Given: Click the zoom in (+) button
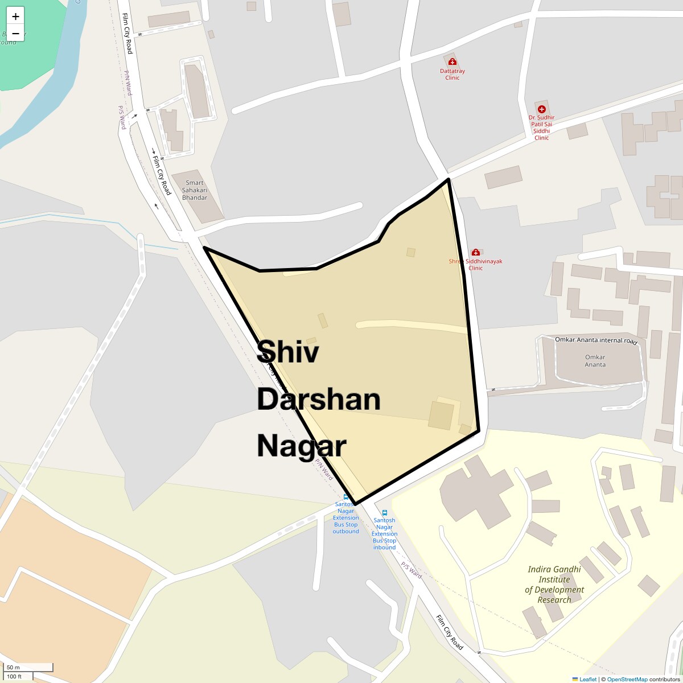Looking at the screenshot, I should click(x=15, y=16).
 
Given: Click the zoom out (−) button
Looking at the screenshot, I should click(x=15, y=33).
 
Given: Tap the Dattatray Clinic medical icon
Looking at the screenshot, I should click(x=452, y=61).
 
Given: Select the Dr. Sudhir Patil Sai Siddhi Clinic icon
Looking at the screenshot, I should click(x=541, y=109).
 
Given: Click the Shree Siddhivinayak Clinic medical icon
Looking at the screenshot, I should click(x=475, y=252).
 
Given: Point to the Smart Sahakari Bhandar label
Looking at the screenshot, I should click(x=195, y=190).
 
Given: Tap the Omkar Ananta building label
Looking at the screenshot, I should click(x=595, y=361).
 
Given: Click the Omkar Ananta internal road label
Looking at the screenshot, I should click(x=595, y=341).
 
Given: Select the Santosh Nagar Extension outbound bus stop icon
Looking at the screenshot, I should click(x=345, y=497).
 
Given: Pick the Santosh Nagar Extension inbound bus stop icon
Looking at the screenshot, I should click(x=384, y=512).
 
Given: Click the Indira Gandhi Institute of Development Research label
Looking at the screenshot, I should click(x=554, y=584).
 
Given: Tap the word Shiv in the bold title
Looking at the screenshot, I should click(x=288, y=352).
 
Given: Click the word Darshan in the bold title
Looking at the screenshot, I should click(x=318, y=400).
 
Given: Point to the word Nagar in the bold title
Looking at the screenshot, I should click(x=301, y=446).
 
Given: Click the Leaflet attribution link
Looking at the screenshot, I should click(x=588, y=679).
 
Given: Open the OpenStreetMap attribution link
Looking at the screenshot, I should click(x=627, y=679).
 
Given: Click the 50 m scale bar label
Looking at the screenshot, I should click(x=14, y=667).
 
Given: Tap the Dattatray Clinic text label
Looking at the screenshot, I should click(x=452, y=74).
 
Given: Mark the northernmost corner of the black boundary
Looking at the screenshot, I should click(x=449, y=179).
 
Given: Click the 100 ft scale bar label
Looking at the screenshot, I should click(x=14, y=677).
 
